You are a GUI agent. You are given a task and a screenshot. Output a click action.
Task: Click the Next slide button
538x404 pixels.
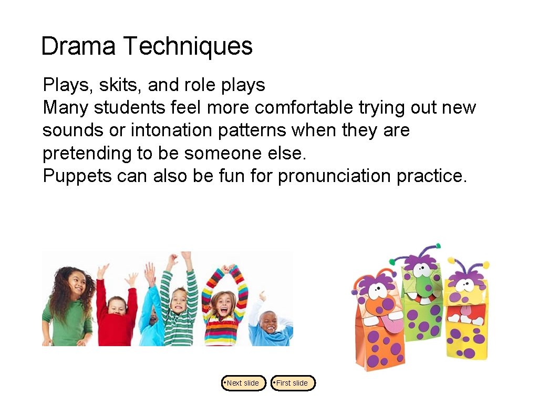point(243,383)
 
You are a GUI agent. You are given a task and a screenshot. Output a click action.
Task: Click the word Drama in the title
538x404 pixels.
point(78,46)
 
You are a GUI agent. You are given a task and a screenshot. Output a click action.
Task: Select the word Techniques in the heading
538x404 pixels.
point(188,46)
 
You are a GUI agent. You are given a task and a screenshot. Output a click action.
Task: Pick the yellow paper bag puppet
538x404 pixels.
point(467,316)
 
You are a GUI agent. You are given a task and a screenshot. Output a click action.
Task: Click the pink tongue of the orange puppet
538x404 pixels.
point(389,324)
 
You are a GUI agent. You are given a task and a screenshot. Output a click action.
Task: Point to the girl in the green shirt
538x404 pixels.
point(69,310)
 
